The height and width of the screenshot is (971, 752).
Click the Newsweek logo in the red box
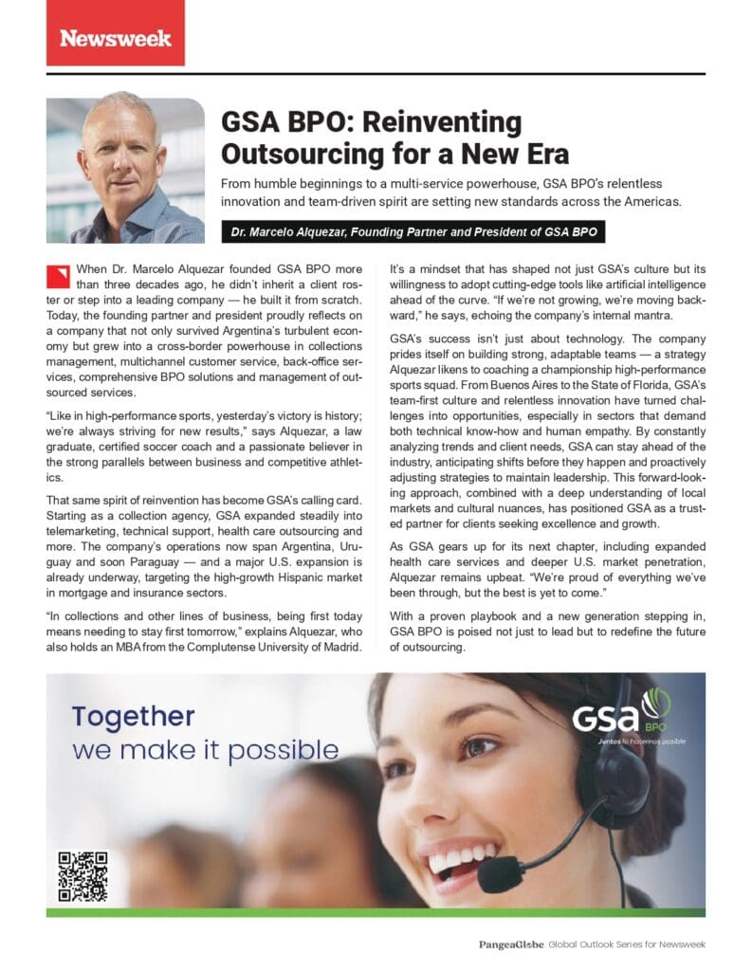(x=116, y=38)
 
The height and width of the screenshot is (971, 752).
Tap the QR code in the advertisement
(x=83, y=876)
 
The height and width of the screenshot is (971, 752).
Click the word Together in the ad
(x=133, y=716)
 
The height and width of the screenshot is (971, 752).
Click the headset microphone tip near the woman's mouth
(x=493, y=878)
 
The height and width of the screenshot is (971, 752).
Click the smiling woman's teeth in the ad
(x=457, y=857)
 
